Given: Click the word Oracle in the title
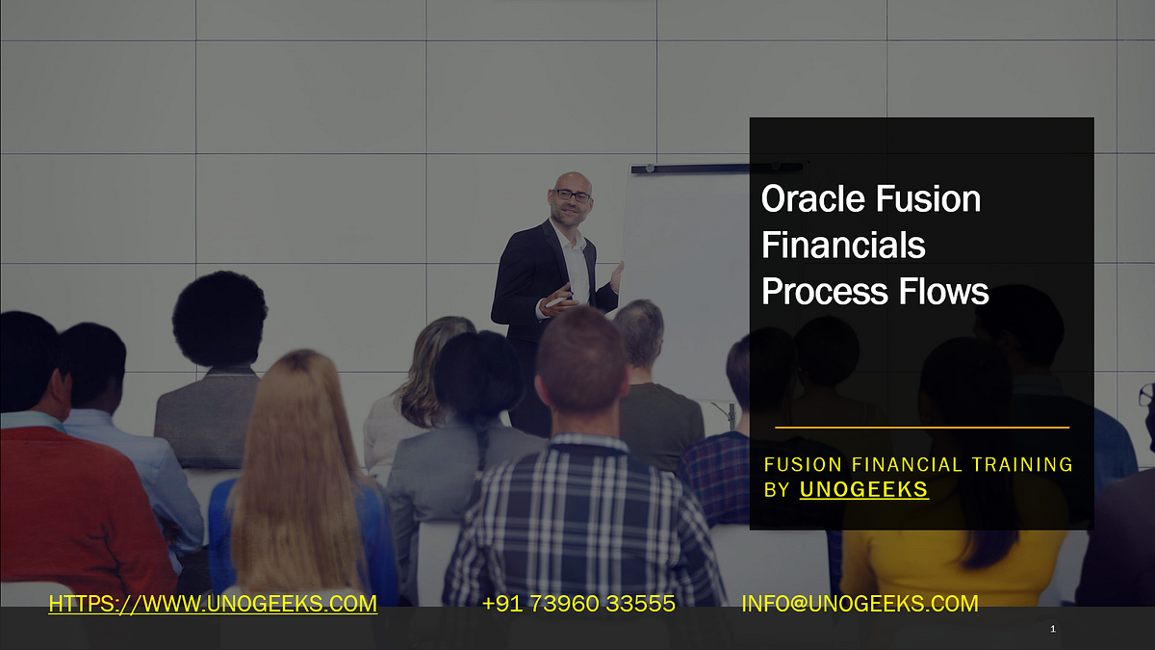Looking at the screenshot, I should [809, 199].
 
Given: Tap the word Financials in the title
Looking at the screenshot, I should [843, 246].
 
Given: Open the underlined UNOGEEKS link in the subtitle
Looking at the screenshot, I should [863, 490].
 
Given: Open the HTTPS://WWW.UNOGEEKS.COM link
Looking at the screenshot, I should [213, 605].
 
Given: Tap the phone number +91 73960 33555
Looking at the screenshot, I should [578, 605].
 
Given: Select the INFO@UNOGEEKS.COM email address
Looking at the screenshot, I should [860, 605].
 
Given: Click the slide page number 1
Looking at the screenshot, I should [1053, 629].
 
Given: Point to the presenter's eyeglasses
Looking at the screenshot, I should [573, 195].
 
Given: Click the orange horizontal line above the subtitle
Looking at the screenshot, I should [921, 427].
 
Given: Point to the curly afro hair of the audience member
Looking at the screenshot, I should [219, 318].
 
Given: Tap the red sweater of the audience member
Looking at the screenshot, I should [77, 501].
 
